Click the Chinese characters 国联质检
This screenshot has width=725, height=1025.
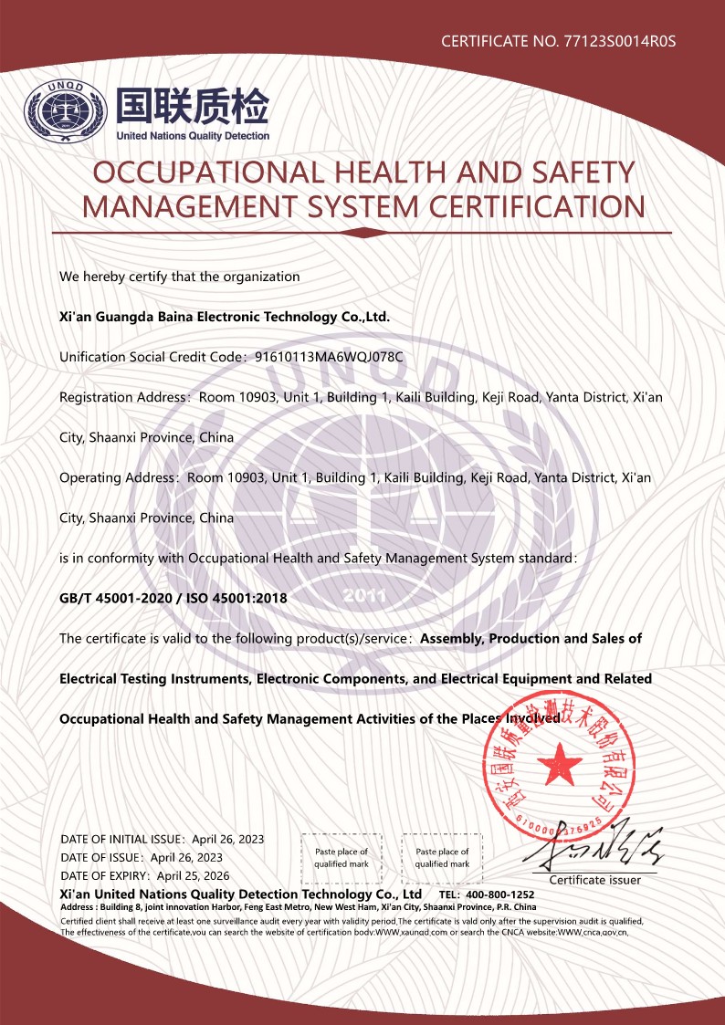pos(192,107)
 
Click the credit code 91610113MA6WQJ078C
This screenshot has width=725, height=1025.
pos(330,357)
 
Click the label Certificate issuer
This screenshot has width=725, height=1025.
pos(594,880)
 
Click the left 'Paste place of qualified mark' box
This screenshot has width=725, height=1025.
pos(341,857)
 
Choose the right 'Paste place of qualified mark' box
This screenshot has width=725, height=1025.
pos(442,857)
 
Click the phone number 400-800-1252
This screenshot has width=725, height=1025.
pos(499,894)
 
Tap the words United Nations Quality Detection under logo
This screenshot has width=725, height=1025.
pos(193,136)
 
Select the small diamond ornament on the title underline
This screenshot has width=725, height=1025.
pos(362,232)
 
